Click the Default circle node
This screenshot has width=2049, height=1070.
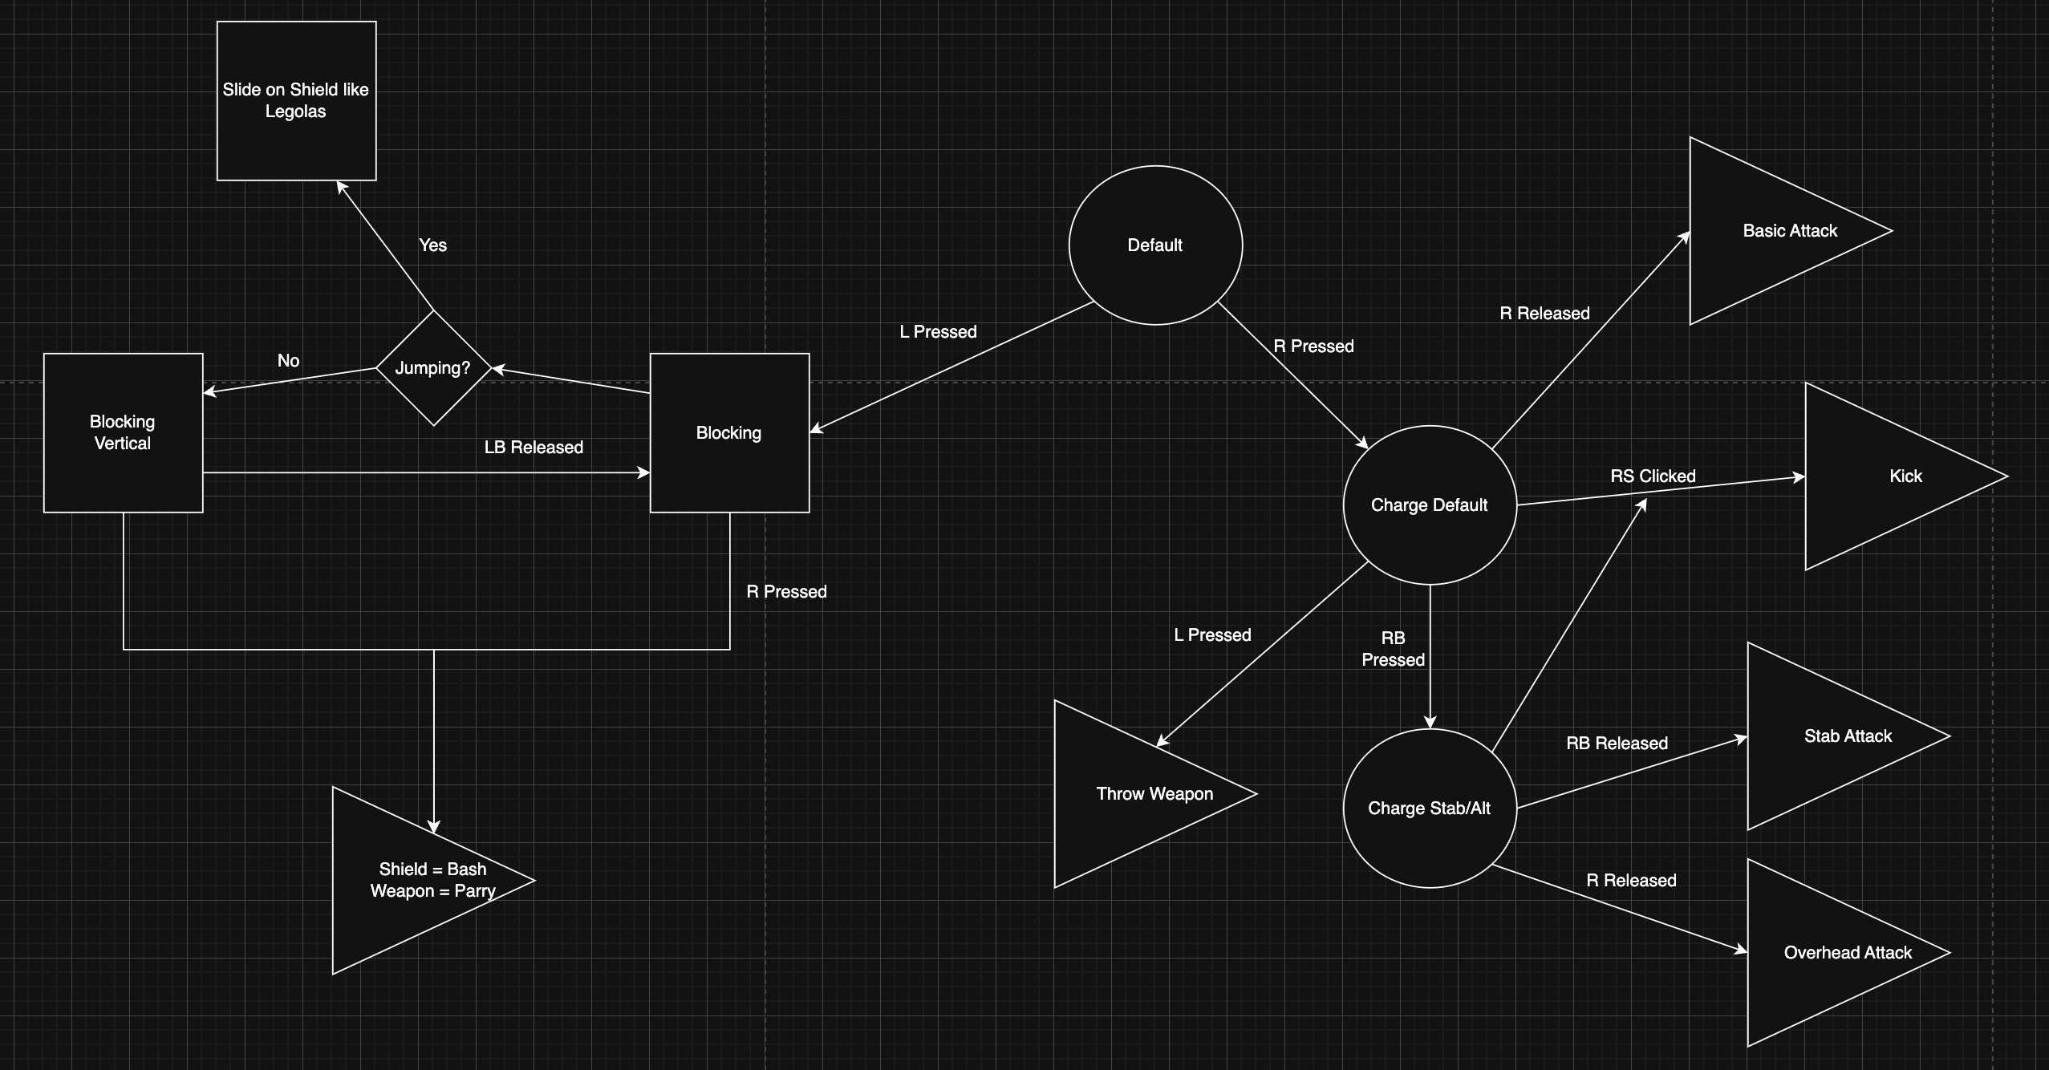[1155, 245]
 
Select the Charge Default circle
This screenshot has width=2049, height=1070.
[1429, 505]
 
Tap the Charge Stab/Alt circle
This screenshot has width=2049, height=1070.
[1429, 808]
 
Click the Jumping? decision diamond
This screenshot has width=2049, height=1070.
[433, 368]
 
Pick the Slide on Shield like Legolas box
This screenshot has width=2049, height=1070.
[296, 101]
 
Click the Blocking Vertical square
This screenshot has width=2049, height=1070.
[123, 432]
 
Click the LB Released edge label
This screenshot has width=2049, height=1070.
[534, 448]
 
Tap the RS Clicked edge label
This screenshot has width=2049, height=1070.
[1653, 476]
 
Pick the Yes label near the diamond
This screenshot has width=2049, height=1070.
[432, 245]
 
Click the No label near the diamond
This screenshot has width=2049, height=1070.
[288, 361]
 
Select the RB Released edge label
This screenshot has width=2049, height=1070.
[1617, 744]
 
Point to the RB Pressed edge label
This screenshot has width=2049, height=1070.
[1393, 649]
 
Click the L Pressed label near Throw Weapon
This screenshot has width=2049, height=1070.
[1212, 635]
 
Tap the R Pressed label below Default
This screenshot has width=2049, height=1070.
[1313, 347]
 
